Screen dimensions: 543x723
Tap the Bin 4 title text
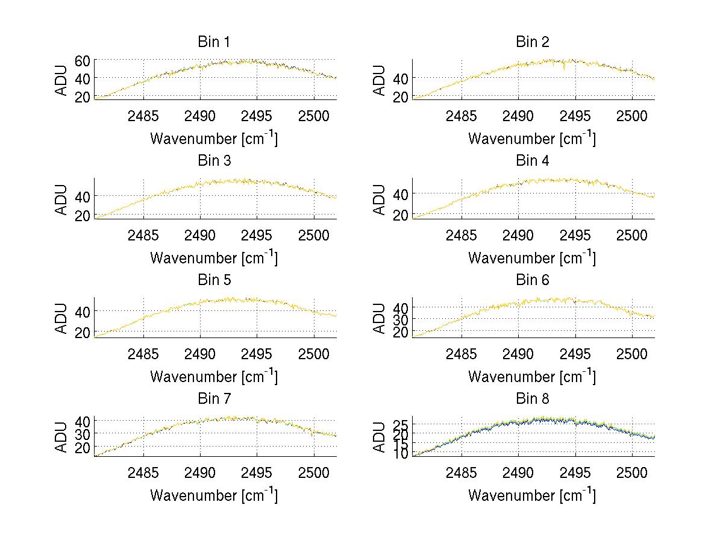pyautogui.click(x=532, y=161)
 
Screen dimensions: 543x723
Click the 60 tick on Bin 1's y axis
pyautogui.click(x=83, y=60)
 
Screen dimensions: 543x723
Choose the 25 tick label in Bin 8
pyautogui.click(x=401, y=426)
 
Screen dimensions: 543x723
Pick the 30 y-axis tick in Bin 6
pyautogui.click(x=401, y=319)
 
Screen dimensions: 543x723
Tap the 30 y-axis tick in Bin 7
pyautogui.click(x=83, y=433)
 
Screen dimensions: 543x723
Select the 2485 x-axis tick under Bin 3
pyautogui.click(x=143, y=234)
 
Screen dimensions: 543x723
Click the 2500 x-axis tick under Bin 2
pyautogui.click(x=631, y=116)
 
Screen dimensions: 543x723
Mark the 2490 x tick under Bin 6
pyautogui.click(x=518, y=354)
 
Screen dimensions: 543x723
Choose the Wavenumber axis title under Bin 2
pyautogui.click(x=532, y=139)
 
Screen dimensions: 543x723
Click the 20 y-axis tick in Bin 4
pyautogui.click(x=401, y=215)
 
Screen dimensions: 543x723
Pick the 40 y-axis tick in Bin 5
pyautogui.click(x=83, y=311)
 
